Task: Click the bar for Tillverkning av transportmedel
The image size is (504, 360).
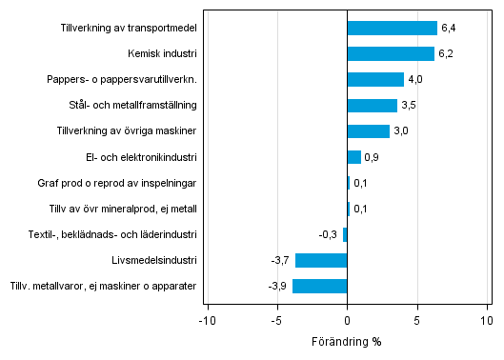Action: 392,29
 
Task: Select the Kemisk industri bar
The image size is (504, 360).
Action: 391,54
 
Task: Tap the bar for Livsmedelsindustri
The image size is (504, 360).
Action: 321,260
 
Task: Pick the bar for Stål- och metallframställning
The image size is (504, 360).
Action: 372,106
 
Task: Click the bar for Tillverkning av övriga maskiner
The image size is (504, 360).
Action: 368,131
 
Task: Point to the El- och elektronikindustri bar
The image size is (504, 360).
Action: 353,157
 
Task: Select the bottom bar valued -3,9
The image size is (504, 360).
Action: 320,286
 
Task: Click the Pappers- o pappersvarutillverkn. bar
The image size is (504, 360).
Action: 375,80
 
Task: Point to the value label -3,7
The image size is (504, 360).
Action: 280,260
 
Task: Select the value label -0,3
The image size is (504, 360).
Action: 329,234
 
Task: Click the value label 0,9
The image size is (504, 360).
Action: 373,157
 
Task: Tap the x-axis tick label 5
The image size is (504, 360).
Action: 417,320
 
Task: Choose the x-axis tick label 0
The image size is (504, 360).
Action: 347,320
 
